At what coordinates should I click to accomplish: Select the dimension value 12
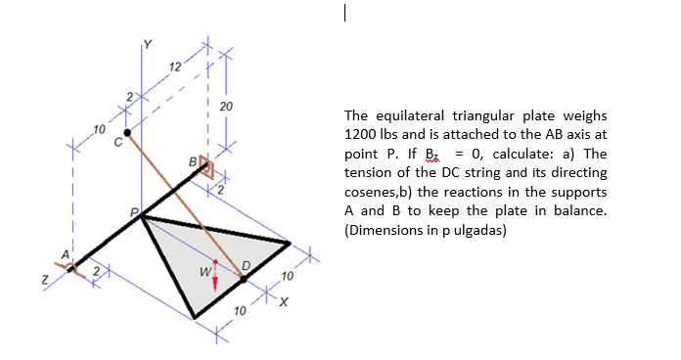click(x=173, y=66)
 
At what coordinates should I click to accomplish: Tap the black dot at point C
click(x=126, y=130)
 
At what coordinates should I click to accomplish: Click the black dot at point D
click(x=244, y=279)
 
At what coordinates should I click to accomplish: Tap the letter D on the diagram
click(x=246, y=264)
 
